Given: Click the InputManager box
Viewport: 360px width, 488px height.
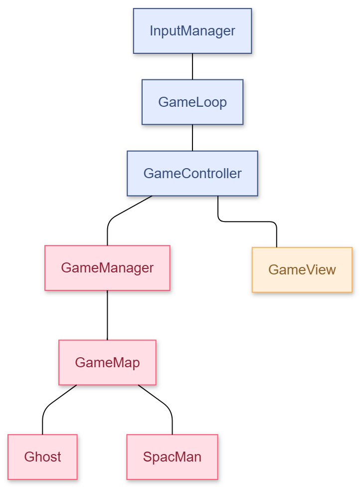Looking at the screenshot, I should click(x=192, y=31).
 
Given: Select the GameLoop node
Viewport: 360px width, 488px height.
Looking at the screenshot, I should click(x=192, y=102).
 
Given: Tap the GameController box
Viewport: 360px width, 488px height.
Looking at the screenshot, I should click(x=192, y=174).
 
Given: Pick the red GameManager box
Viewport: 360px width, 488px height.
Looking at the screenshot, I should click(x=107, y=268).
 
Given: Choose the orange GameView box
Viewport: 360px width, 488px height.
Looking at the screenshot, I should click(x=302, y=270).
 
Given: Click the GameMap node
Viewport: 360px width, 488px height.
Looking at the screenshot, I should click(x=107, y=363).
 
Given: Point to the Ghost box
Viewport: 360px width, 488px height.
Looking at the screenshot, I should click(x=43, y=457).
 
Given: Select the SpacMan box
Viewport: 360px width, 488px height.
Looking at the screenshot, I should click(x=172, y=457).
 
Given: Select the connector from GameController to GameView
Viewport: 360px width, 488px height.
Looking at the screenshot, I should click(x=249, y=222).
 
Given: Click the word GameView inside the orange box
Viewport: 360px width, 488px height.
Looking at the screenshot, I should click(x=302, y=270).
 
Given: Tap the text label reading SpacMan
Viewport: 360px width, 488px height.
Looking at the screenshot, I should click(x=172, y=457).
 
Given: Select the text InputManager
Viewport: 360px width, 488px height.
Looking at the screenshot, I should click(x=192, y=31).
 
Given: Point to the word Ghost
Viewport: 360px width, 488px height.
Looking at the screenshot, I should click(x=43, y=457).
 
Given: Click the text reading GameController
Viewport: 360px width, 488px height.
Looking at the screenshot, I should click(x=192, y=174).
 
